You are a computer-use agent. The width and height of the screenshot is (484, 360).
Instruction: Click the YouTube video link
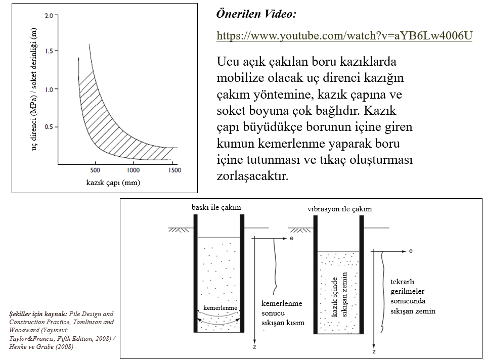(344, 35)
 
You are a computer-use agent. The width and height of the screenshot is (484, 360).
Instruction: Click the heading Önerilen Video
(256, 14)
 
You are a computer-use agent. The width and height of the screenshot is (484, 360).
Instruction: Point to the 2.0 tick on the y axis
(49, 16)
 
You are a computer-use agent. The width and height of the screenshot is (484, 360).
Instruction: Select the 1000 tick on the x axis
(134, 170)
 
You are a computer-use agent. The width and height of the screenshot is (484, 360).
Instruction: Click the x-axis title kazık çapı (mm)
(113, 183)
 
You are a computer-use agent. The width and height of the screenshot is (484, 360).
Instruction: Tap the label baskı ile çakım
(216, 207)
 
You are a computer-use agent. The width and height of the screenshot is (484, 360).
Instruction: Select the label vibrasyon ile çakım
(339, 209)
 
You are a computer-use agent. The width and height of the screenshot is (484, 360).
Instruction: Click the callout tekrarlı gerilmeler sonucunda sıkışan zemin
(413, 296)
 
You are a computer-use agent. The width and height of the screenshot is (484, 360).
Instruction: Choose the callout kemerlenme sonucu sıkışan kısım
(283, 313)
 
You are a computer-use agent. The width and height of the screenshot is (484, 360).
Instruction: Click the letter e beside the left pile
(291, 237)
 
